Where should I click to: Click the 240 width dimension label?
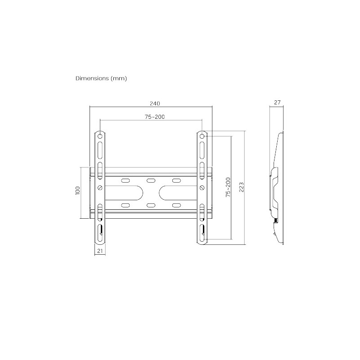coord(154,103)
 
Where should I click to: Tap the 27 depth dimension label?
coord(277,103)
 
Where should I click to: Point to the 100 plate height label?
coord(77,191)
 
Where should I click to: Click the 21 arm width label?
coord(100,251)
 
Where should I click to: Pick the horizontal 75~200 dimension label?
coord(154,117)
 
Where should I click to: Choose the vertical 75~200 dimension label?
coord(228,186)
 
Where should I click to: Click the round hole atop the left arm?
coord(100,135)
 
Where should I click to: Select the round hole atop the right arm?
coord(202,135)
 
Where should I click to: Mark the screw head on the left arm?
coord(100,187)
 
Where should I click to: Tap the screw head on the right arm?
coord(202,187)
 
